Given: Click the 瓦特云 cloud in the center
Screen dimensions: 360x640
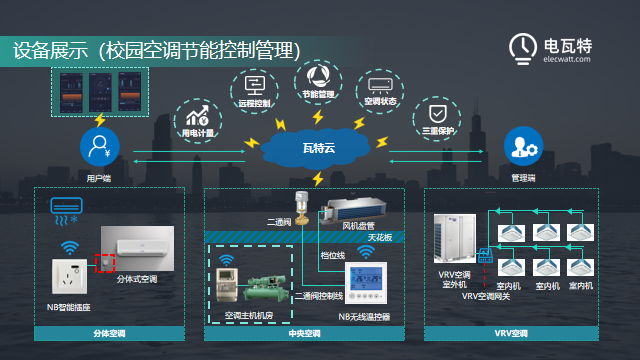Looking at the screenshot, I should (318, 147).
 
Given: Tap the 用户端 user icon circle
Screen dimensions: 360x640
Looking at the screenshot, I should (98, 148).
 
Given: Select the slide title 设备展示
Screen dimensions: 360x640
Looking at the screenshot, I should (48, 49).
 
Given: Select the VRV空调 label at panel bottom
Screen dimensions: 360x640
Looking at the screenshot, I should (510, 333).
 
